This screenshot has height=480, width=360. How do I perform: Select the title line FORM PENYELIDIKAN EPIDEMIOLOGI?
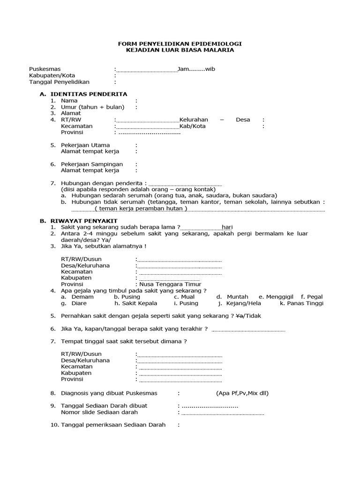[x=180, y=43]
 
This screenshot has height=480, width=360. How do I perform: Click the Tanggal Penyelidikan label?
[x=59, y=82]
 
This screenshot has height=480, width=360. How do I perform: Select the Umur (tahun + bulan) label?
[x=92, y=107]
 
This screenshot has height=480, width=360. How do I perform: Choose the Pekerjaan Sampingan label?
[x=92, y=164]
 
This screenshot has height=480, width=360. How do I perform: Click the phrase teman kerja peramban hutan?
[x=141, y=208]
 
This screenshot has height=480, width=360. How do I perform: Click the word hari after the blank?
[x=227, y=227]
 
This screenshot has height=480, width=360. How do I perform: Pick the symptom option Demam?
[x=82, y=297]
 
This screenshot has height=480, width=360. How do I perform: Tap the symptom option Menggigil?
[x=281, y=297]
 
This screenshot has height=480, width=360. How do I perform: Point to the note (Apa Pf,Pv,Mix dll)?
[x=242, y=393]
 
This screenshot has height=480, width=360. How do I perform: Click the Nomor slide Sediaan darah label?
[x=99, y=412]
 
